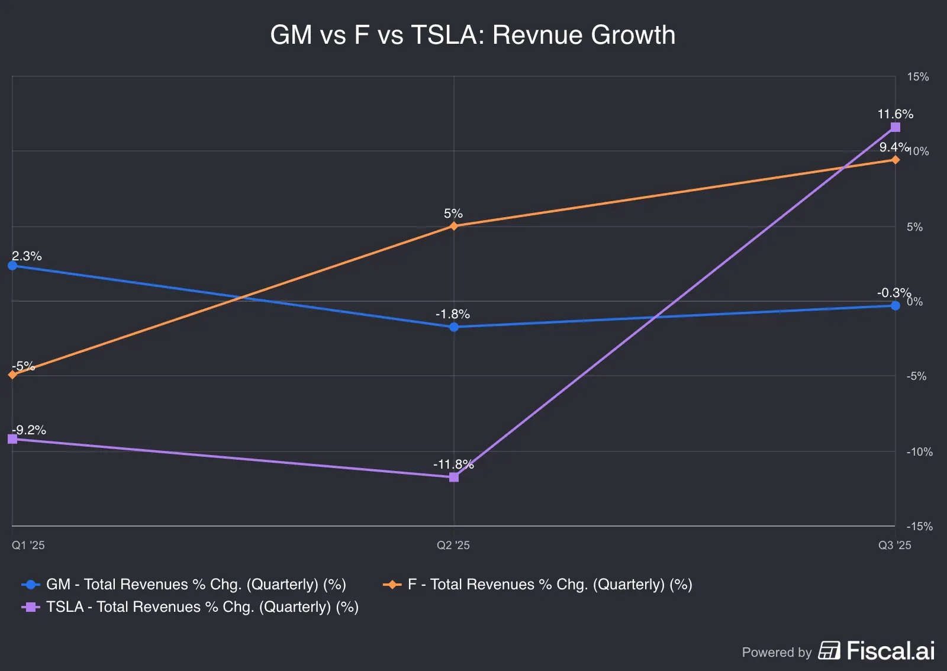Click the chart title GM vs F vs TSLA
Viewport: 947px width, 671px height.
472,35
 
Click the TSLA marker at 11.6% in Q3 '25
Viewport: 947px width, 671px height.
895,127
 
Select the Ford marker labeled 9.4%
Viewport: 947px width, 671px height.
895,160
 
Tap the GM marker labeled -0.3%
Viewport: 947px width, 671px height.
895,305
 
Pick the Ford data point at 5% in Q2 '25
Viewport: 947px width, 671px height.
453,226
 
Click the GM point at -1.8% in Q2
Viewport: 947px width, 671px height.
453,327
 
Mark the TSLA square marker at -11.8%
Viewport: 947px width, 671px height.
453,477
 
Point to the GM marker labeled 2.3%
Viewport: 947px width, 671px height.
12,266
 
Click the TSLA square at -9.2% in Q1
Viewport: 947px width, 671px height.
12,438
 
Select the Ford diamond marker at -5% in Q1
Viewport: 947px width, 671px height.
12,375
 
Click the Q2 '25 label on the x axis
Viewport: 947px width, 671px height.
453,545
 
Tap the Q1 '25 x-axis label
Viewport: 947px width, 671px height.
28,545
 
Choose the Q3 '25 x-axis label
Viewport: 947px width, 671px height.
894,545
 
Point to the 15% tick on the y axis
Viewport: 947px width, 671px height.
917,77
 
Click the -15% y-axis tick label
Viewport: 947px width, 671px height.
919,526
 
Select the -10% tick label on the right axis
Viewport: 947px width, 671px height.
919,451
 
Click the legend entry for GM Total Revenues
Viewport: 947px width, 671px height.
195,585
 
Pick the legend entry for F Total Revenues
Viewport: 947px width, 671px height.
549,585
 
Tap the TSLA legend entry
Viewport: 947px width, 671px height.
201,607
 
